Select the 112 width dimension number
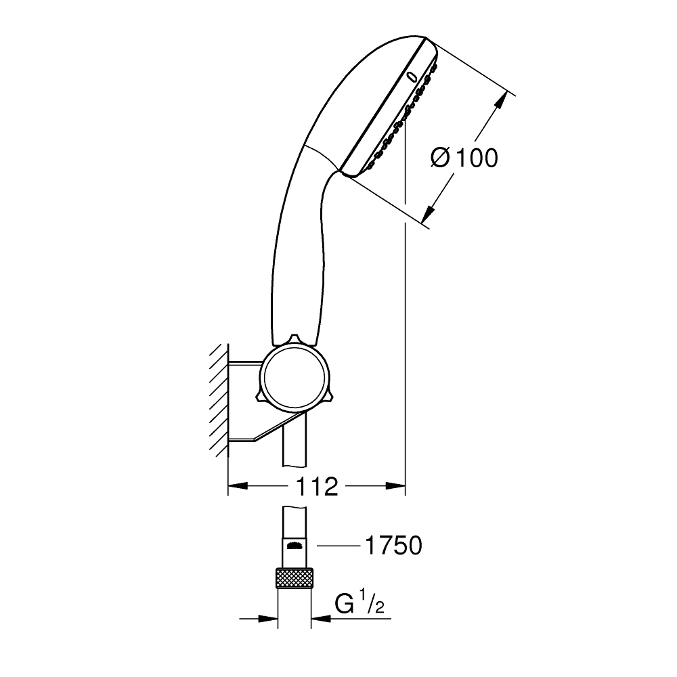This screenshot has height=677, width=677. coord(317,485)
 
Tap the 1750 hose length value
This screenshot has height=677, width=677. coord(393,545)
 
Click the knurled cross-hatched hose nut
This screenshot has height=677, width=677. coord(294,580)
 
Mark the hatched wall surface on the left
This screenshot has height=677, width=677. coord(218,399)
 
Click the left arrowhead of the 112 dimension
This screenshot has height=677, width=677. coord(237,485)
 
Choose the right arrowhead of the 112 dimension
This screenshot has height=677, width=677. coord(396,485)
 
